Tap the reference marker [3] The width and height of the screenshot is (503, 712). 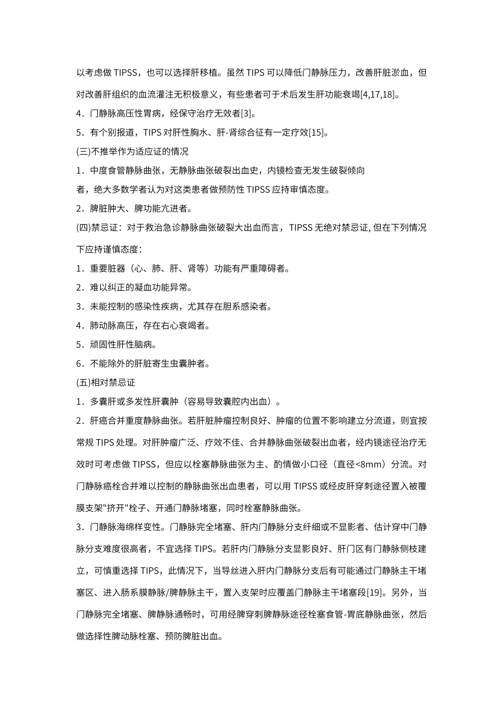247,113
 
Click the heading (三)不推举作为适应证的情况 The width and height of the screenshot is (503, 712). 132,152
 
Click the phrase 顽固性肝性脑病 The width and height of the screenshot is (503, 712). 123,344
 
